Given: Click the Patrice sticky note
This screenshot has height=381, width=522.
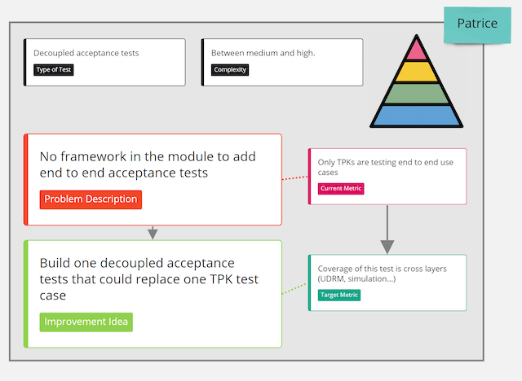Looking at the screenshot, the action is pyautogui.click(x=477, y=25).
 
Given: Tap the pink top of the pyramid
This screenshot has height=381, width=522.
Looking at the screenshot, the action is pyautogui.click(x=417, y=50).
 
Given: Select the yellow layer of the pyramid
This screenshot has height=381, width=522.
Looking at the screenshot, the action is pyautogui.click(x=417, y=72).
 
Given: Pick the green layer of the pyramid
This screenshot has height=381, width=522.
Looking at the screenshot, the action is pyautogui.click(x=417, y=94).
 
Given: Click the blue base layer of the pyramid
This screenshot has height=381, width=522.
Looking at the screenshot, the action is pyautogui.click(x=417, y=116).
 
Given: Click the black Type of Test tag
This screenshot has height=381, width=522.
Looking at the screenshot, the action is pyautogui.click(x=53, y=70).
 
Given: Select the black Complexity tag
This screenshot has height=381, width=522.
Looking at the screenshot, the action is pyautogui.click(x=230, y=70).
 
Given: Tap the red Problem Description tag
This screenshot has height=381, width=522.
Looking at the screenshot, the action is pyautogui.click(x=91, y=199).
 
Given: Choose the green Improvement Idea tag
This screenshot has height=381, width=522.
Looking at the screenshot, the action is pyautogui.click(x=86, y=322).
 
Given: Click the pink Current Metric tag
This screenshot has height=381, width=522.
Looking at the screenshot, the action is pyautogui.click(x=341, y=189).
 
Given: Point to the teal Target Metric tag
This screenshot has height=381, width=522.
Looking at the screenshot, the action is pyautogui.click(x=339, y=295).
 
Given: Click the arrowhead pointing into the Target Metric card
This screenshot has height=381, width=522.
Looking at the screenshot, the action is pyautogui.click(x=387, y=247).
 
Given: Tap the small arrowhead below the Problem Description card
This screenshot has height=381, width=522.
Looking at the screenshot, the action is pyautogui.click(x=153, y=234).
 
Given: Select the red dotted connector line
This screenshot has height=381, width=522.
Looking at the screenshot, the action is pyautogui.click(x=295, y=178).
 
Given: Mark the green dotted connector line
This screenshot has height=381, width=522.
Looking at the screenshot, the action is pyautogui.click(x=295, y=288).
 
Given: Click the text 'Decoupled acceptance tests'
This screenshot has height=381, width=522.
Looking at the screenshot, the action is pyautogui.click(x=86, y=53).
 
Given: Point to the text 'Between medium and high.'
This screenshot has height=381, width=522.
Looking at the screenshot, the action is pyautogui.click(x=263, y=53).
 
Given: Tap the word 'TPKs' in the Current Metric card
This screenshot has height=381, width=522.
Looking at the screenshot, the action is pyautogui.click(x=346, y=162).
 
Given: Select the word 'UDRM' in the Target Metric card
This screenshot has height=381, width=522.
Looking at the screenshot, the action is pyautogui.click(x=332, y=278).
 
